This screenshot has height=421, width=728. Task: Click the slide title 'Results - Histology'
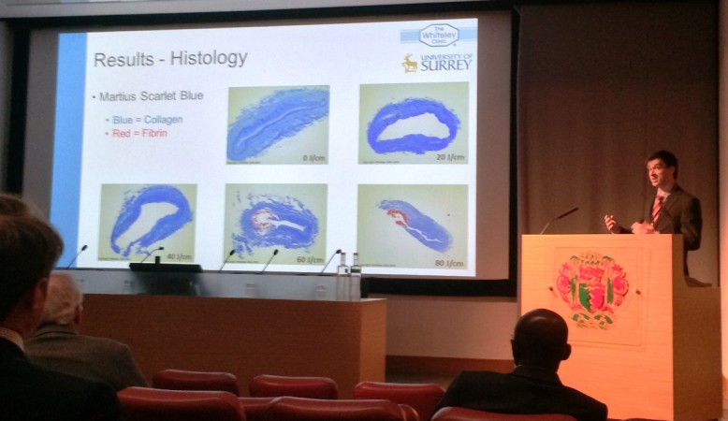tap(170, 59)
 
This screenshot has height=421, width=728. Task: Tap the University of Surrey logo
tap(437, 63)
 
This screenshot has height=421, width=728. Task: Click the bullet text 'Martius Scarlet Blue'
tap(150, 96)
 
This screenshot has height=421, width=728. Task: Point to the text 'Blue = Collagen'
tap(146, 120)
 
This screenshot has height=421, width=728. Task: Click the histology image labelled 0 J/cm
tap(277, 124)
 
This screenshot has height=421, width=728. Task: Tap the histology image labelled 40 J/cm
tap(147, 222)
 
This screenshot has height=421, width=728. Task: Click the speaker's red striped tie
tap(657, 208)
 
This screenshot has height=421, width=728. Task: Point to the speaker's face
tap(661, 175)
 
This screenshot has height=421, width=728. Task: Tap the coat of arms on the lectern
tap(592, 287)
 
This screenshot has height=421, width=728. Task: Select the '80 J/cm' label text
tap(449, 263)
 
